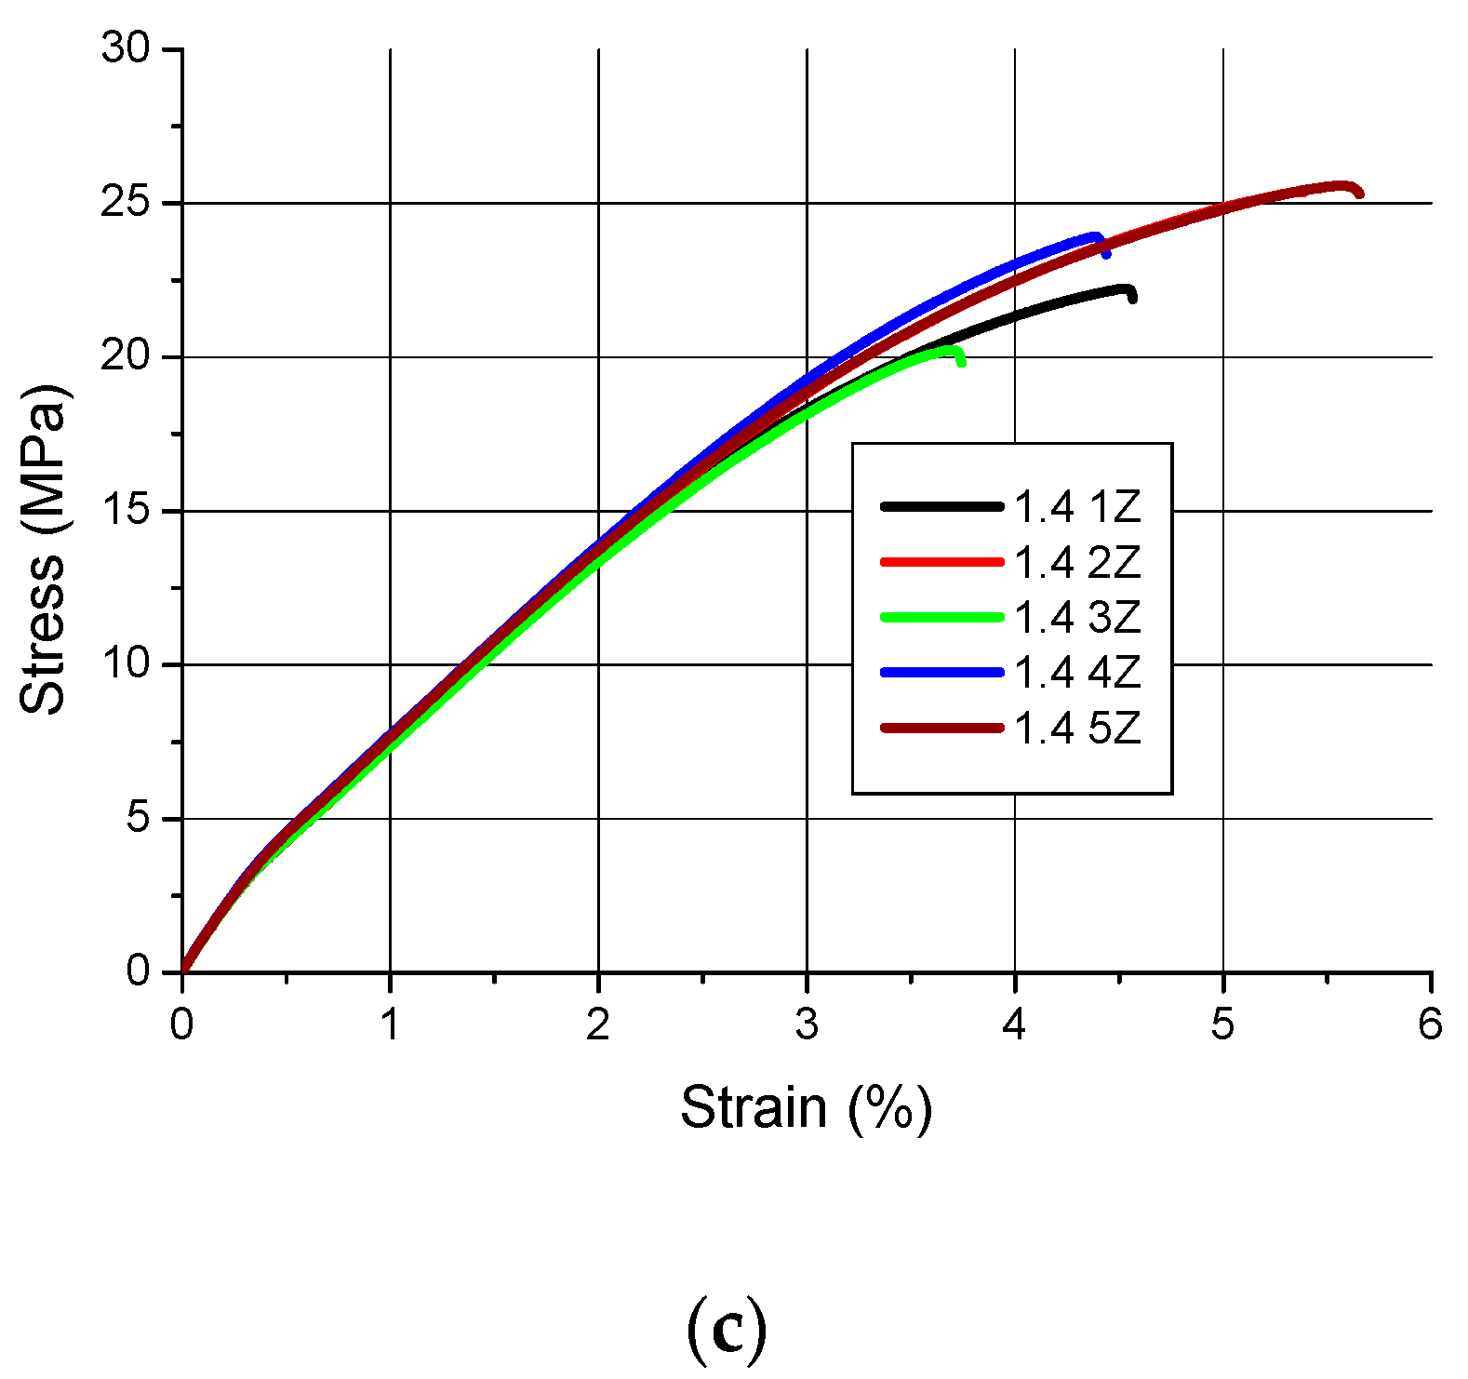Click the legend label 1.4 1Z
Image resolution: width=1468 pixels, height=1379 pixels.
click(1077, 507)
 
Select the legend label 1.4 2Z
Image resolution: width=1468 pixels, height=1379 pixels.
click(1077, 563)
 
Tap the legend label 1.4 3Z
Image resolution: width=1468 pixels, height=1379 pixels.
click(1077, 618)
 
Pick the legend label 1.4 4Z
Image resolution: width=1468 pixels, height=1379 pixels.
click(1077, 673)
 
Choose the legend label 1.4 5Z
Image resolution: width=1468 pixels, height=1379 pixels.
click(1077, 728)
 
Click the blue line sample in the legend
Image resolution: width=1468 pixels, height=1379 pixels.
click(941, 672)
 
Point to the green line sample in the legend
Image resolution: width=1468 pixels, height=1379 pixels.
click(941, 617)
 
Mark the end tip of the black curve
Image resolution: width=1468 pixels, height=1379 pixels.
click(1132, 298)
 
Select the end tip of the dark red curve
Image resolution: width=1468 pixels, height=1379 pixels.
click(1359, 194)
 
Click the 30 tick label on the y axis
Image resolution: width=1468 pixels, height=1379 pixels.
click(126, 47)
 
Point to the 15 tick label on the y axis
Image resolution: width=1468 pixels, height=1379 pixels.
click(126, 511)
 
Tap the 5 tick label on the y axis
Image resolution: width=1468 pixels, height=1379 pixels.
click(138, 819)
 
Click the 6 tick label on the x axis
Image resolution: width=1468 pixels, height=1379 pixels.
click(1430, 1024)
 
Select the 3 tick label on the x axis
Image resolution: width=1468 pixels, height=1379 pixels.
click(807, 1024)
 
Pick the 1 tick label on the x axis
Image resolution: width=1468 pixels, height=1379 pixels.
click(390, 1024)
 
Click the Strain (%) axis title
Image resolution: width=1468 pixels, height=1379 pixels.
click(806, 1107)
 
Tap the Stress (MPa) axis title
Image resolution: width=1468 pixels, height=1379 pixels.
click(43, 549)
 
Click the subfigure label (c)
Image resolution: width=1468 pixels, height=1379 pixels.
click(727, 1332)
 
